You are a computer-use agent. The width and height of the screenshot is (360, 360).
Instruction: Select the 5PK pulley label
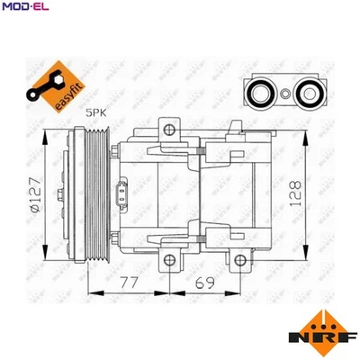point(94,112)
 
